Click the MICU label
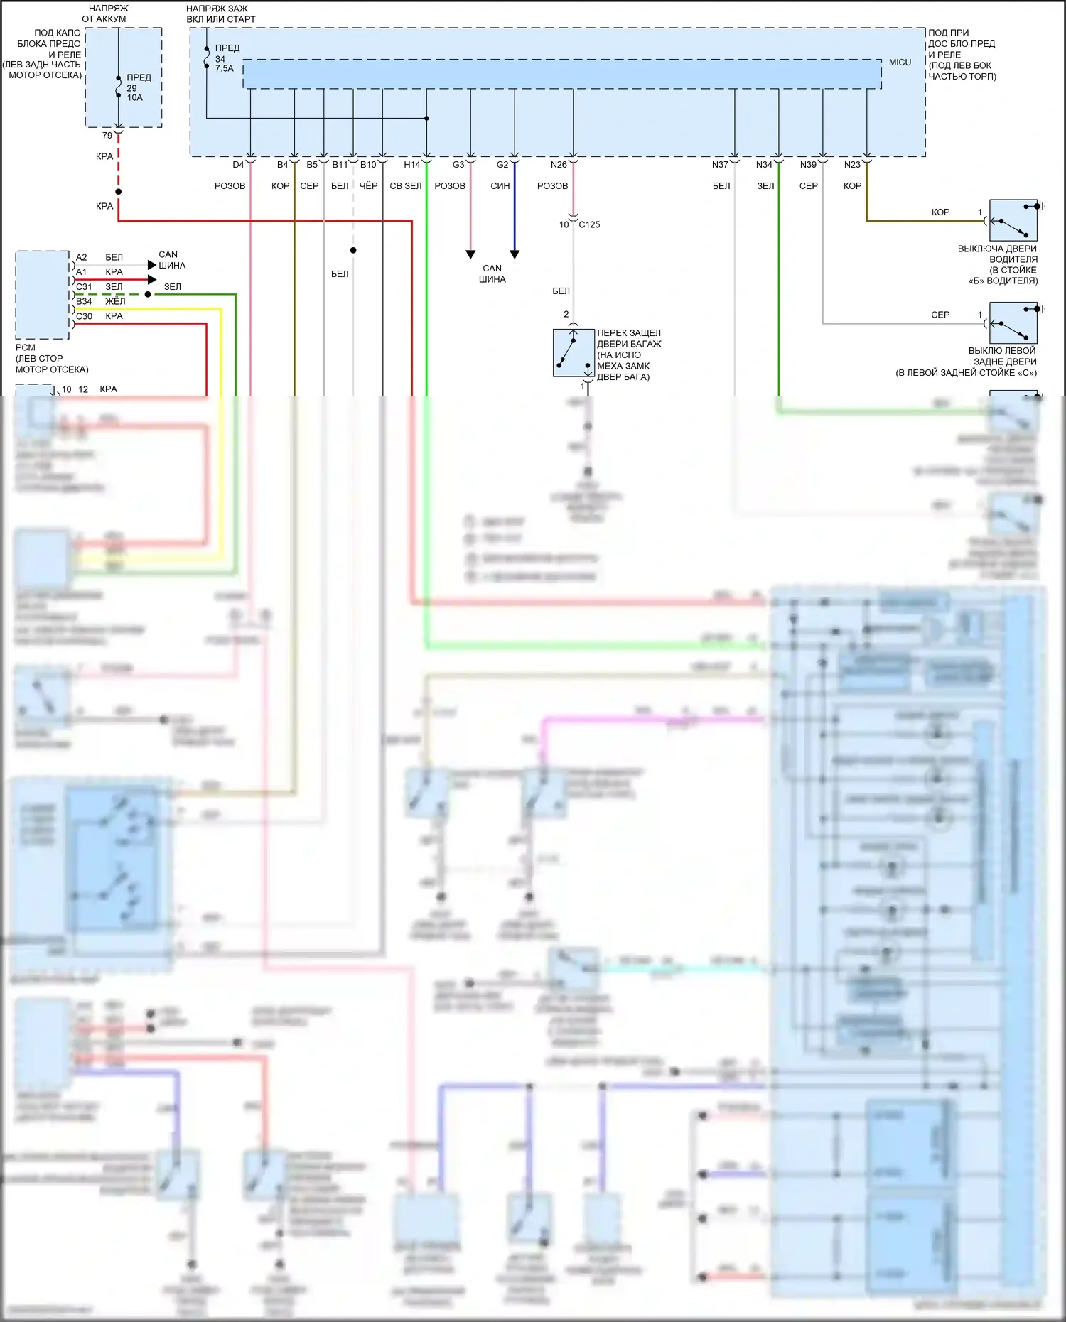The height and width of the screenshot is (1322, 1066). point(900,63)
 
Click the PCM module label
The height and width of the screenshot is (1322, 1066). point(25,347)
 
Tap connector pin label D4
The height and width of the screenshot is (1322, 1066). point(238,165)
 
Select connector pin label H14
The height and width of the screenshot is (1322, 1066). point(411,165)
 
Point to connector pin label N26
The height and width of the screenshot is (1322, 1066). point(559,165)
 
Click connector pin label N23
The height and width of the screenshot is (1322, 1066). point(852,165)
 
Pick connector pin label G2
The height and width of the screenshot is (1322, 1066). point(502,165)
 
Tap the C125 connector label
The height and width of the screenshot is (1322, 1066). point(589,224)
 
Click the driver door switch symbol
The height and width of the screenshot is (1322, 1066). point(1013,220)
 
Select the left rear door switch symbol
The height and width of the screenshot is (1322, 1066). point(1013,323)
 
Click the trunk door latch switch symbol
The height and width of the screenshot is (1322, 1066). point(574,352)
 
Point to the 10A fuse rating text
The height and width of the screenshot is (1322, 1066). point(135,98)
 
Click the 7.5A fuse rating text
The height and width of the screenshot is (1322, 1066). point(224,69)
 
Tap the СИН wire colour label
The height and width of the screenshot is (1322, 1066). point(500,186)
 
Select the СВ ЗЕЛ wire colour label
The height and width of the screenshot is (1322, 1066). point(405,186)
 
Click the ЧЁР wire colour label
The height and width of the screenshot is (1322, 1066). point(368,186)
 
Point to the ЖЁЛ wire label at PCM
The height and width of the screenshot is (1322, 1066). point(115,301)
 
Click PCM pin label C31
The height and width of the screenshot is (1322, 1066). point(84,287)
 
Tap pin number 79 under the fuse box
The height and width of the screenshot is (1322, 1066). point(107,136)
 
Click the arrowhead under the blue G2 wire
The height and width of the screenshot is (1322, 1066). point(515,254)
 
